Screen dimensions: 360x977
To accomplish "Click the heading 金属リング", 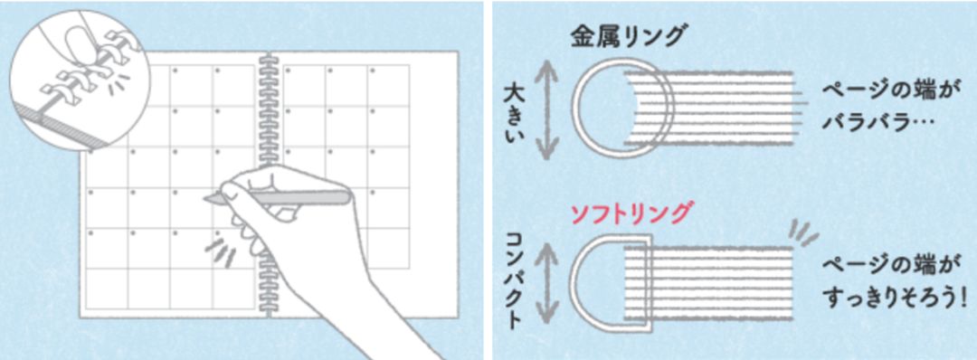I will coord(629,36).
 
